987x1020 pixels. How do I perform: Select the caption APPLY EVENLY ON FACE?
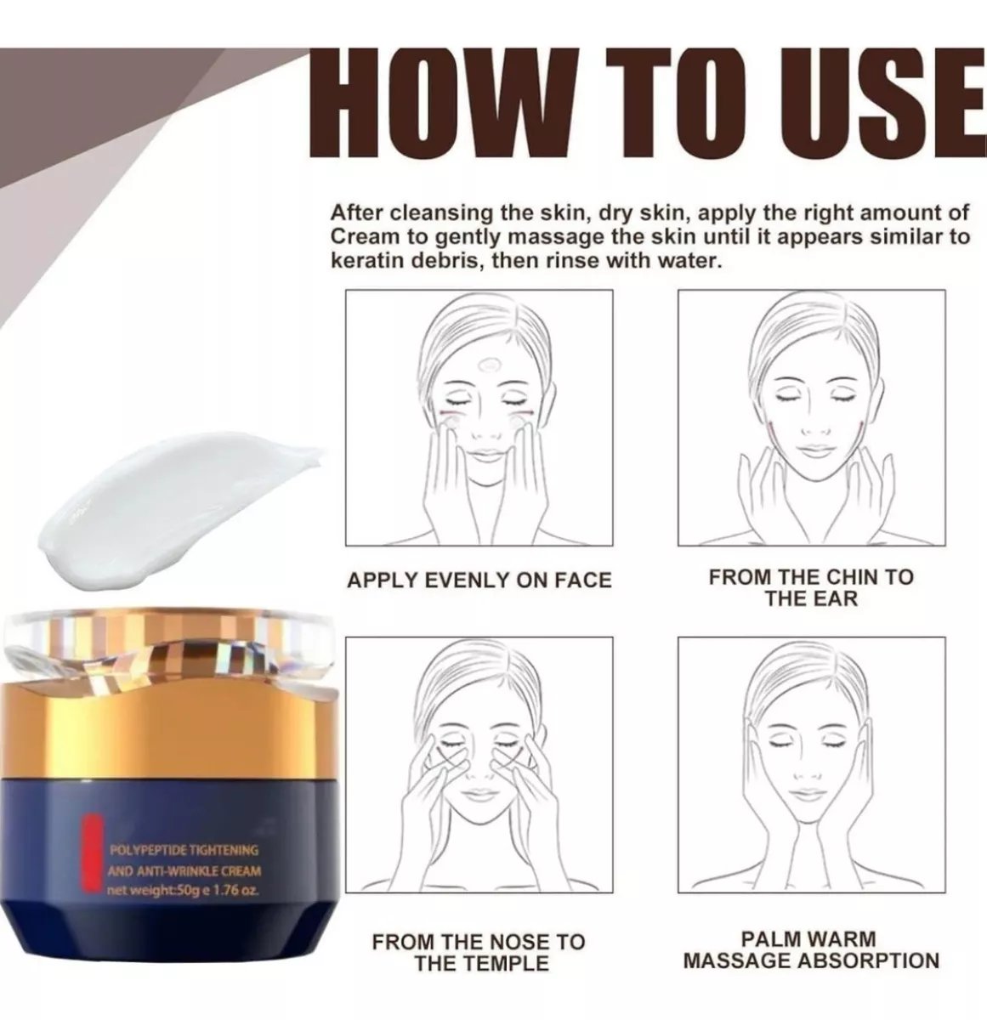479,581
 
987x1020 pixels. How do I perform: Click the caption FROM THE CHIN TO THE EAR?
810,587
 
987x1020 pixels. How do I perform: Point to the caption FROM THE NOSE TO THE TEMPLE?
479,952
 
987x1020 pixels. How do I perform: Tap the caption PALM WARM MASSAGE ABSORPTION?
811,950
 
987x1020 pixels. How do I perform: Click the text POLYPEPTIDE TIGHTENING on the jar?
184,850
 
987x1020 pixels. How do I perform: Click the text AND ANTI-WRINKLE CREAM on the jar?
184,870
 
